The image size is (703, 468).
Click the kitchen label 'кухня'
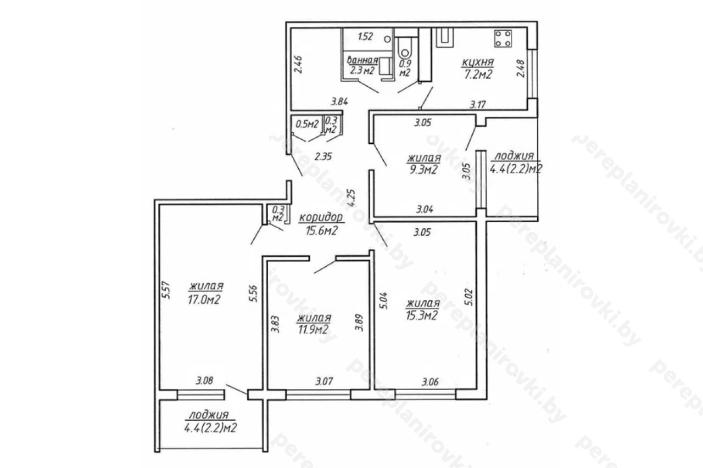(x=478, y=62)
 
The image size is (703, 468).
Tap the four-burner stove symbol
(x=503, y=38)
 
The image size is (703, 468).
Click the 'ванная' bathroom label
(x=362, y=60)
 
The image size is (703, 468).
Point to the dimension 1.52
(x=366, y=37)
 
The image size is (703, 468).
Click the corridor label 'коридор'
(x=321, y=217)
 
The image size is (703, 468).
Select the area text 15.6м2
(x=321, y=231)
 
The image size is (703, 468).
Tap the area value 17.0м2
(x=204, y=300)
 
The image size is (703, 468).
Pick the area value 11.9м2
(x=313, y=330)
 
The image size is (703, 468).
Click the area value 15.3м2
(x=421, y=315)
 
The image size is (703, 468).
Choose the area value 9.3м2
(x=423, y=170)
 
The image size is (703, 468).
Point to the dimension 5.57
(x=166, y=290)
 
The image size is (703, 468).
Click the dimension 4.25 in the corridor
(x=351, y=198)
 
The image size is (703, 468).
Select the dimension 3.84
(x=339, y=102)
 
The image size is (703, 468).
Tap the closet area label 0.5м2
(x=307, y=124)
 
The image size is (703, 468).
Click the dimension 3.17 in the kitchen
(x=478, y=104)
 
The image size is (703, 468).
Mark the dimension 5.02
(x=468, y=298)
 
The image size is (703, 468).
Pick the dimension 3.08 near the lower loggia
(x=205, y=381)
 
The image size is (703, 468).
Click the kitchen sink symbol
(x=445, y=38)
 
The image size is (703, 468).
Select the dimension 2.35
(x=323, y=156)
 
